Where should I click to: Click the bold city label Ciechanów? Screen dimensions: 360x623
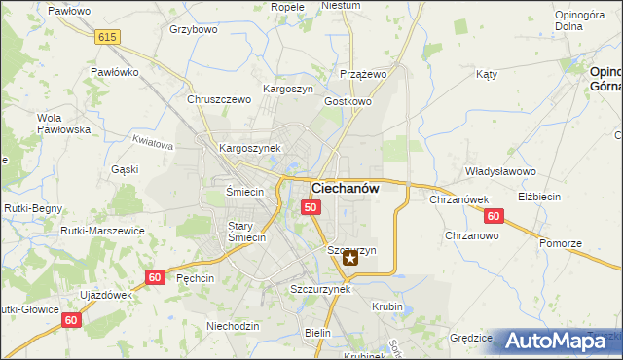[345, 187]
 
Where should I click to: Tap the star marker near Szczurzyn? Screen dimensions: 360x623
[350, 259]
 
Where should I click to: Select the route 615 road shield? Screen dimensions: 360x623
[108, 36]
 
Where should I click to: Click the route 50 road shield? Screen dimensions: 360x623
[311, 207]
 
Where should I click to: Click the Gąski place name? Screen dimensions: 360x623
[125, 169]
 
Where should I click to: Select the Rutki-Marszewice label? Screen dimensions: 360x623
[102, 231]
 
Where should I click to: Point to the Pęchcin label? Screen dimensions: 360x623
[196, 277]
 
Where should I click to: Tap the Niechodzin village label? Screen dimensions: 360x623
[233, 326]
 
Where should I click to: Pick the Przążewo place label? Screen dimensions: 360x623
[364, 74]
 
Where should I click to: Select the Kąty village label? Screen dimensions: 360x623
[487, 74]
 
